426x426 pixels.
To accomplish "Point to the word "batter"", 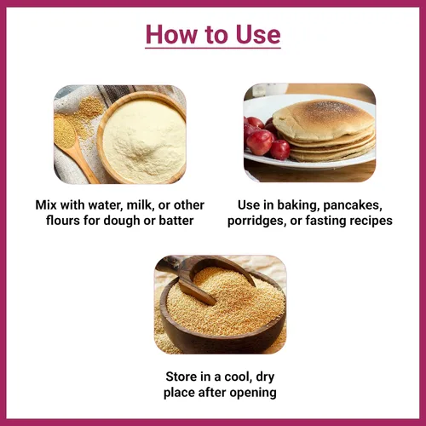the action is (176, 221).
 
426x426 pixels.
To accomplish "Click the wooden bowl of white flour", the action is (141, 137).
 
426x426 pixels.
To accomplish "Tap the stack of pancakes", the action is (324, 130).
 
